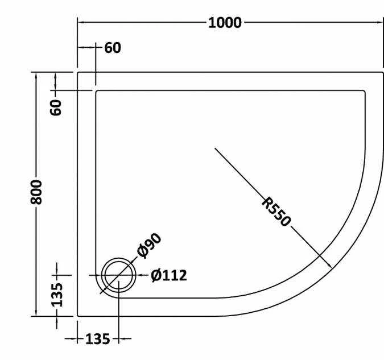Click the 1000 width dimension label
225,23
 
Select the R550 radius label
277,212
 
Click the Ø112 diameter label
168,276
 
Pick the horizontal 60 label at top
113,48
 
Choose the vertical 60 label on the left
56,107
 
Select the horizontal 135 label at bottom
97,340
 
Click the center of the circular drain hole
118,275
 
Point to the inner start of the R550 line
215,148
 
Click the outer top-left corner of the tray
78,72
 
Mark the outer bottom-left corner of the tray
78,316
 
